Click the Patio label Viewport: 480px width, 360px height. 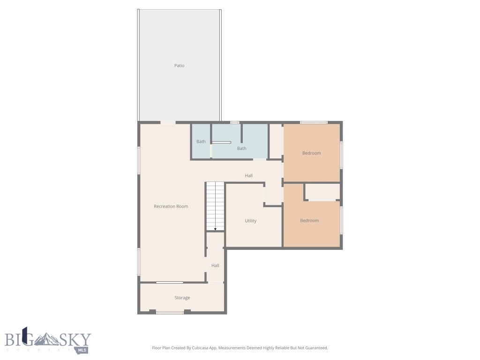tap(179, 66)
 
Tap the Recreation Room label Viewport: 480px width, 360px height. tap(171, 206)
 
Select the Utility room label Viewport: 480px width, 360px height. tap(250, 221)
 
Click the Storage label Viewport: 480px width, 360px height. tap(182, 298)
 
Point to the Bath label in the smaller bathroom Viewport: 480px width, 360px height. tap(201, 142)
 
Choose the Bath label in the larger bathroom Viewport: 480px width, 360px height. tap(241, 149)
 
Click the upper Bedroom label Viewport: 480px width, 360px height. tap(311, 153)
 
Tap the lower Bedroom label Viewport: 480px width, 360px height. tap(309, 221)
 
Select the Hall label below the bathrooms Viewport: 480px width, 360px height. tap(248, 176)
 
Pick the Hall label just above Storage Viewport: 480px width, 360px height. tap(215, 266)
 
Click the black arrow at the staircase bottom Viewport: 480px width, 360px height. tap(215, 229)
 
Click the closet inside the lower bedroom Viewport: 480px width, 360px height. tap(322, 191)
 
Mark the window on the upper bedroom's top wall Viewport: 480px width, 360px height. tap(313, 122)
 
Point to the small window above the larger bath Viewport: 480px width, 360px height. tap(234, 122)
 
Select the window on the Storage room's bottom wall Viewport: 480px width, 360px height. tap(170, 312)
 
